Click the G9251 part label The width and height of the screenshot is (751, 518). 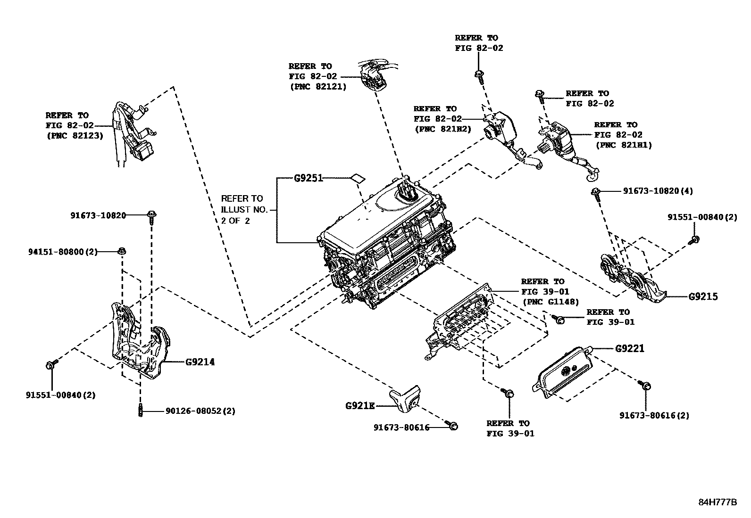[x=308, y=178]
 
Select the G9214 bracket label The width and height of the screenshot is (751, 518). [x=200, y=362]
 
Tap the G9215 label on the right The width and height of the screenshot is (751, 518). [x=703, y=296]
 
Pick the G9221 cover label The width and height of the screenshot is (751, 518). [x=629, y=348]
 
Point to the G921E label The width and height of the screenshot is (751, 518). [x=360, y=405]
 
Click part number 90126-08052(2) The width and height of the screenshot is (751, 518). [x=200, y=411]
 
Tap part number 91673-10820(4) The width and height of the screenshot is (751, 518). [x=658, y=191]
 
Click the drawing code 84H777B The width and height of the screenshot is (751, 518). [x=717, y=502]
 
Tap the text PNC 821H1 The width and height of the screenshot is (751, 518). [x=623, y=145]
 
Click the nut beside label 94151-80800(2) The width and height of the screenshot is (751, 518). [x=121, y=251]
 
